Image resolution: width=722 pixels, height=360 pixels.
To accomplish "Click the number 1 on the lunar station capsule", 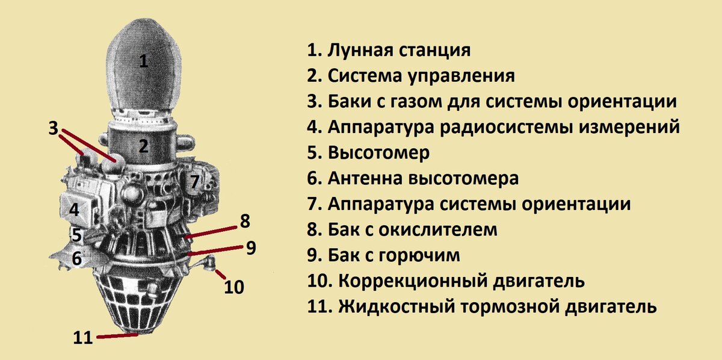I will pos(143,61).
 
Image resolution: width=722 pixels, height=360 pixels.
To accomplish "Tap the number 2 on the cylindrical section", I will pos(143,146).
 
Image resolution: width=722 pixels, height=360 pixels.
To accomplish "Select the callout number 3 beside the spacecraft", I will pos(54,128).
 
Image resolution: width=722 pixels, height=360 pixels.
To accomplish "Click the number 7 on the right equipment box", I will pos(194,182).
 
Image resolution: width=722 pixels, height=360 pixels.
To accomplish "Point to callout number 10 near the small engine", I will pos(234,287).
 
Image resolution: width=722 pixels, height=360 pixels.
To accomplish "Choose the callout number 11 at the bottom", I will pos(83,337).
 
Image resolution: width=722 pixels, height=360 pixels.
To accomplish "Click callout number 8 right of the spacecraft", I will pos(244,221).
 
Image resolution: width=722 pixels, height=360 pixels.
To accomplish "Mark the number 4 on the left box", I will pos(74,210).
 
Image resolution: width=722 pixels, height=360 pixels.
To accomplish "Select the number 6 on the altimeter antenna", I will pos(76,258).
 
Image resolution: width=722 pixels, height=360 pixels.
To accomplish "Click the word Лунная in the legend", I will pos(359,50).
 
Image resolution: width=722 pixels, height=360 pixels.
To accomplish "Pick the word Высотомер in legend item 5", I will pos(379,153).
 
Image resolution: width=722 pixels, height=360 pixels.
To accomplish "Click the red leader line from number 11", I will pos(117,335).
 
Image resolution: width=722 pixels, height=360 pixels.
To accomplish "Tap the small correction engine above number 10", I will pos(211,263).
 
